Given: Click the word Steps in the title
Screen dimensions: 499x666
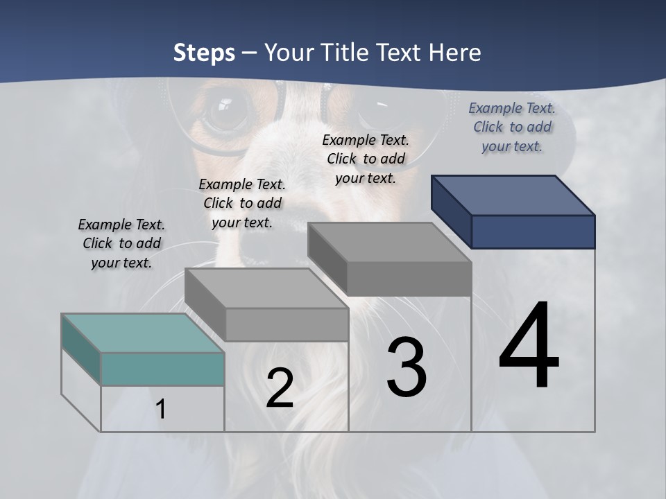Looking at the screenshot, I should coord(204,53).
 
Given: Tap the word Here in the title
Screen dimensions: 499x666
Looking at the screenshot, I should coord(454,53).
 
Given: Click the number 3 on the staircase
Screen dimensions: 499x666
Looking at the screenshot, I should coord(407,367).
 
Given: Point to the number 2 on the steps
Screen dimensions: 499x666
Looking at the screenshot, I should coord(280,388).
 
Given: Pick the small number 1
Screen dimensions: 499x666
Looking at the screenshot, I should coord(161,409).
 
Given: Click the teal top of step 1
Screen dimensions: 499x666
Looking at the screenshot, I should coord(142,333).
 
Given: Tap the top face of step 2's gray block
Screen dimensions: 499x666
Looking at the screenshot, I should coord(266,288).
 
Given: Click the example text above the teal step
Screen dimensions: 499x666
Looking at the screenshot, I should coord(121,243).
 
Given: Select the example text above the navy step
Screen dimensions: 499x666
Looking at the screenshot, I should coord(512,127).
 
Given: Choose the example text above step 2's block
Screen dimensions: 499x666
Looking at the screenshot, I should coord(242,203).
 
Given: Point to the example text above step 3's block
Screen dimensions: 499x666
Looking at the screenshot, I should coord(366,159).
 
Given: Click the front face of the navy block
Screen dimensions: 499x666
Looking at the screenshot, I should coord(533,231).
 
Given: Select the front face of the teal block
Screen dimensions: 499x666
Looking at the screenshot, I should coord(162,369).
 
